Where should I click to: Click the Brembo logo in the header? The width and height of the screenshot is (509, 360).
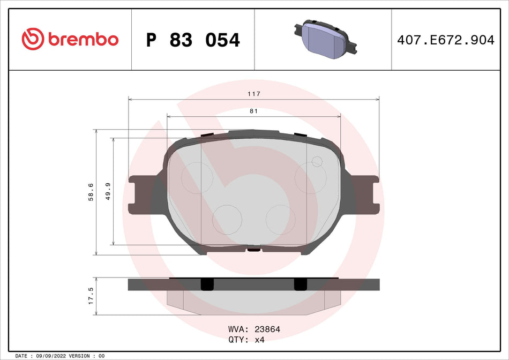[70, 39]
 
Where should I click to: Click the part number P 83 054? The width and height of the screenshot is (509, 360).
[193, 40]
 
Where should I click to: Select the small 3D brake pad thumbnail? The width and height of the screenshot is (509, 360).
[323, 38]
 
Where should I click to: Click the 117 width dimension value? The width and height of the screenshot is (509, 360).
[254, 94]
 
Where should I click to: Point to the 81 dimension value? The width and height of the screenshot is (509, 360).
[254, 111]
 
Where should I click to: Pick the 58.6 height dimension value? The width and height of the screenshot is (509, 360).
[91, 192]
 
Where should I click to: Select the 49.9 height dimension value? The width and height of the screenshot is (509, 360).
[108, 192]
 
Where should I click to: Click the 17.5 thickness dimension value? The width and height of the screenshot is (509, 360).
[91, 296]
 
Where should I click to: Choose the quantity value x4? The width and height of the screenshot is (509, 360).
[259, 339]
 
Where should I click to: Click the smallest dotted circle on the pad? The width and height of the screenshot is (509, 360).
[317, 161]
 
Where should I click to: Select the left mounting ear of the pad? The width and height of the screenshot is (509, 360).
[138, 196]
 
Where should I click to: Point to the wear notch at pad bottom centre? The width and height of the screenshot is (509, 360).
[254, 249]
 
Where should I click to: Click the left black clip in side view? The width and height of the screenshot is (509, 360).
[206, 284]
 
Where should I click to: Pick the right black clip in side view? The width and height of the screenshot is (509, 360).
[300, 284]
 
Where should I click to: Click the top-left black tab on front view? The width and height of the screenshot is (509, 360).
[207, 135]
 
